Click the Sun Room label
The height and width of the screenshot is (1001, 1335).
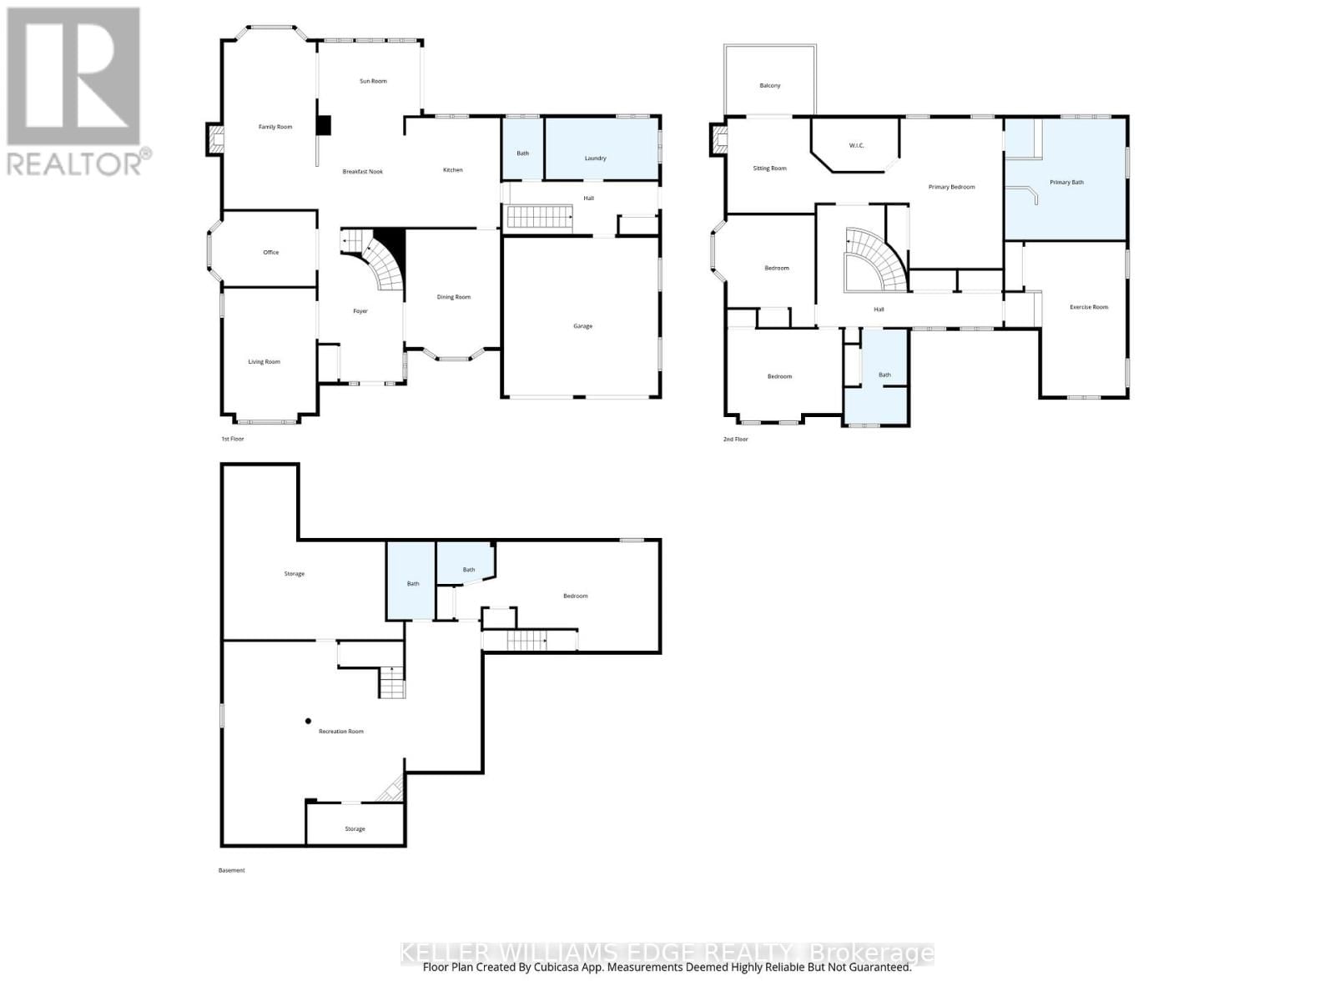pyautogui.click(x=373, y=81)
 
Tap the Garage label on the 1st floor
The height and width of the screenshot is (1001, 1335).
pyautogui.click(x=582, y=326)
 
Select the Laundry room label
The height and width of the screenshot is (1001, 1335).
pyautogui.click(x=595, y=158)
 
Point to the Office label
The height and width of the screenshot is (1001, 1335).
pyautogui.click(x=270, y=252)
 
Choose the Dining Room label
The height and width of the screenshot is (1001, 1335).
pyautogui.click(x=454, y=297)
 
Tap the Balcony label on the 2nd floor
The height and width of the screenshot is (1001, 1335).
pyautogui.click(x=770, y=86)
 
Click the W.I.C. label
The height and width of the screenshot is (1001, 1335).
pyautogui.click(x=857, y=146)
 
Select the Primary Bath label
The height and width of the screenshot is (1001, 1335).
pyautogui.click(x=1066, y=182)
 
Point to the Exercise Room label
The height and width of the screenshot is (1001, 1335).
pyautogui.click(x=1089, y=307)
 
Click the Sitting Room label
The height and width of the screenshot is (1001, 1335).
pyautogui.click(x=769, y=169)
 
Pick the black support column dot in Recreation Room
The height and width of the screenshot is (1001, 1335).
pyautogui.click(x=308, y=721)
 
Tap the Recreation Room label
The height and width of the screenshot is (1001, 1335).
pyautogui.click(x=341, y=732)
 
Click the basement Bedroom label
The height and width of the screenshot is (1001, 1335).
pyautogui.click(x=575, y=596)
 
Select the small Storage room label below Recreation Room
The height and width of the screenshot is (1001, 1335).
pyautogui.click(x=355, y=829)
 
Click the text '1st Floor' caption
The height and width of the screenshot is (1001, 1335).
pyautogui.click(x=233, y=439)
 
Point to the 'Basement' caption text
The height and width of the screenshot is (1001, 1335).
pyautogui.click(x=232, y=870)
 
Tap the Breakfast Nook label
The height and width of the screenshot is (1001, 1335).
pyautogui.click(x=363, y=172)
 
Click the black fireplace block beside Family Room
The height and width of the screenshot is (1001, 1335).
pyautogui.click(x=323, y=125)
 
